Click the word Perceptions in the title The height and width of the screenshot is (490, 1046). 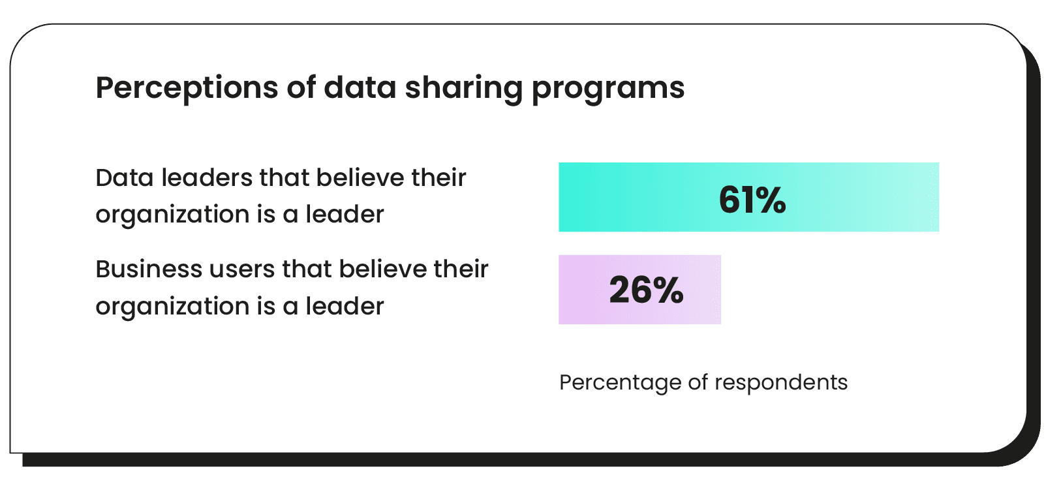[187, 87]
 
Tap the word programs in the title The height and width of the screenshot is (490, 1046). [608, 89]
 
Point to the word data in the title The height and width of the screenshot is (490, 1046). [360, 87]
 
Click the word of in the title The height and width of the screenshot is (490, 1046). [301, 87]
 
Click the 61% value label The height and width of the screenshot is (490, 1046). [752, 200]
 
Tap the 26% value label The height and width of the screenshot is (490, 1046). [646, 290]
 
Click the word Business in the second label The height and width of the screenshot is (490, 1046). [149, 269]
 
